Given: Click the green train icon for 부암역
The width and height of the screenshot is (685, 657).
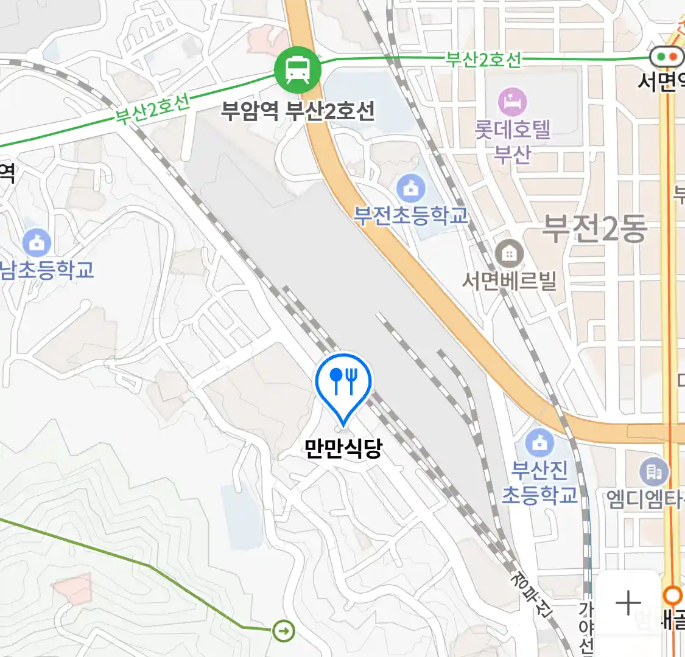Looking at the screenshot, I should click(297, 69).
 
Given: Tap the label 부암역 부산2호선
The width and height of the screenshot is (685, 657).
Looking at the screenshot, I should click(297, 111).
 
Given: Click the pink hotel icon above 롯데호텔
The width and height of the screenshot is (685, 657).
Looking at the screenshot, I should click(513, 102).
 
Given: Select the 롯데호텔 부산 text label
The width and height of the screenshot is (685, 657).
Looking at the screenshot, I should click(513, 141).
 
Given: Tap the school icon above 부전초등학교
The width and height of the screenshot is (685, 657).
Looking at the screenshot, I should click(411, 188).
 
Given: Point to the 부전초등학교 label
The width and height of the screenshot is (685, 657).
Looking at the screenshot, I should click(411, 215).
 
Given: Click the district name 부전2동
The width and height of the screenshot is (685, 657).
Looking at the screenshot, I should click(594, 229).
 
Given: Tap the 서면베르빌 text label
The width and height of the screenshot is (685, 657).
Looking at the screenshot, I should click(509, 280).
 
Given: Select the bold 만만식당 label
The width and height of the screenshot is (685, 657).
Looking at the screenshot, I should click(343, 448).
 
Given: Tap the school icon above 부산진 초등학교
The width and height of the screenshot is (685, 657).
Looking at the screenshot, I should click(539, 443).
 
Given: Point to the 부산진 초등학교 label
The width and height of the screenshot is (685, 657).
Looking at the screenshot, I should click(539, 482).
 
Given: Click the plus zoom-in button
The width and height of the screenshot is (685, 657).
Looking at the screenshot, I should click(628, 603).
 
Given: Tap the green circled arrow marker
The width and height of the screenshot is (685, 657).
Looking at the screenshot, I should click(284, 630).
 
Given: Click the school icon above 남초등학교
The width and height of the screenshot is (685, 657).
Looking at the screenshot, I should click(37, 243).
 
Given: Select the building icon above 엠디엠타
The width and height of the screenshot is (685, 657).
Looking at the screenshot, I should click(654, 471).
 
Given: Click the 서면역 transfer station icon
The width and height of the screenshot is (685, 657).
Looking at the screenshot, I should click(667, 57).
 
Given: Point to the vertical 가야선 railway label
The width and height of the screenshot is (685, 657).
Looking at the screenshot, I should click(586, 627).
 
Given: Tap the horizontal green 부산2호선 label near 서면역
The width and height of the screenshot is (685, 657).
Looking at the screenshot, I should click(483, 59).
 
